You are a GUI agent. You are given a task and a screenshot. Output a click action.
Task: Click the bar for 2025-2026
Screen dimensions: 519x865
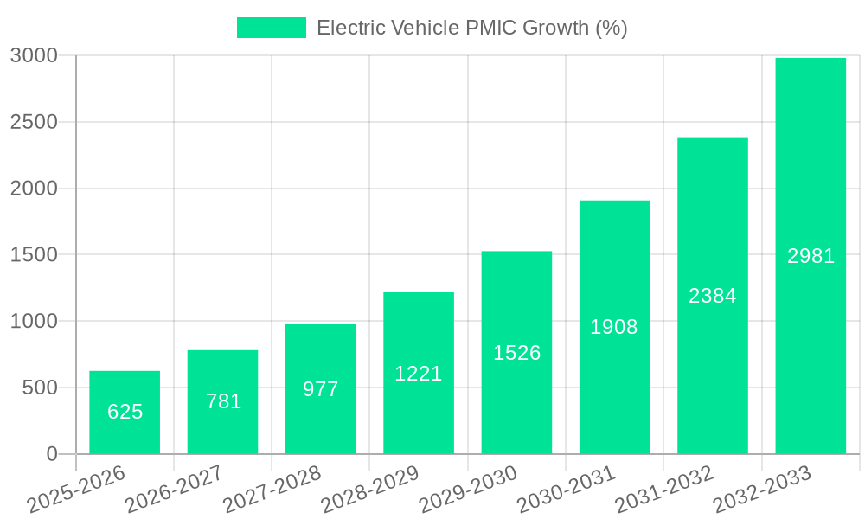(125, 413)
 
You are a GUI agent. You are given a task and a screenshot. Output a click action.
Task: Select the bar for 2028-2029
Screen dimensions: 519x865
(419, 373)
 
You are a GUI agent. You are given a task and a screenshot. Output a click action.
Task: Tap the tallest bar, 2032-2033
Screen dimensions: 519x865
(811, 256)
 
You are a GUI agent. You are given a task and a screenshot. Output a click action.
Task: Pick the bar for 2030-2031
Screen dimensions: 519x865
(614, 327)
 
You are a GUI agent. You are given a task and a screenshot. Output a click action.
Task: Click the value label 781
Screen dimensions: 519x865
(223, 401)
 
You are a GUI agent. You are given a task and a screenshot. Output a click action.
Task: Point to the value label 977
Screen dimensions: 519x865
(321, 389)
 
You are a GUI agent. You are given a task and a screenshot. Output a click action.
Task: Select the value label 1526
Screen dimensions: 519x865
(516, 353)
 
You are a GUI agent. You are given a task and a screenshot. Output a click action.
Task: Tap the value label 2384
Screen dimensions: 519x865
(713, 296)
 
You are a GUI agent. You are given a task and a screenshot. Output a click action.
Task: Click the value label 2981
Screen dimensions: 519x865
(811, 256)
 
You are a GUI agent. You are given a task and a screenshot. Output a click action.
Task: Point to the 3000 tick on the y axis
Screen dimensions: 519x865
(34, 56)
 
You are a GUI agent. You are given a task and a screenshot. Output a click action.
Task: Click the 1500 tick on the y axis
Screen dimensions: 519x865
(34, 255)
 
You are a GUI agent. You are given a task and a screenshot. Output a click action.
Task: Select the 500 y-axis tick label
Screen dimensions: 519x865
(40, 388)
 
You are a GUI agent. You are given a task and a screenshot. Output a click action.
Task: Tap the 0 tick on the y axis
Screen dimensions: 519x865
(52, 454)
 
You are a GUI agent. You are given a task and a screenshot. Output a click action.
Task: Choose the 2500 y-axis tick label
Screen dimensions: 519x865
(34, 123)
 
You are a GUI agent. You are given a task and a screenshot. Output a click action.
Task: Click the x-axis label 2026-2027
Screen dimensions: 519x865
(173, 490)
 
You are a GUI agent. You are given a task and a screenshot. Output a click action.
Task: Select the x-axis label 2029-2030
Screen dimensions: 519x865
(467, 490)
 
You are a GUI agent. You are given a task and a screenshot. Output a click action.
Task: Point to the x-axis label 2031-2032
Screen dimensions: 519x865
(663, 490)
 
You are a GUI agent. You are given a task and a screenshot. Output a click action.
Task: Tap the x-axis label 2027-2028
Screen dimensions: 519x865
(271, 490)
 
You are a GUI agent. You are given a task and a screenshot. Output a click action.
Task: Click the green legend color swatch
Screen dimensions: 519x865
(272, 28)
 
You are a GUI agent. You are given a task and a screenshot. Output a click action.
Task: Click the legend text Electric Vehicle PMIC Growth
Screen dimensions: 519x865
(471, 28)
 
